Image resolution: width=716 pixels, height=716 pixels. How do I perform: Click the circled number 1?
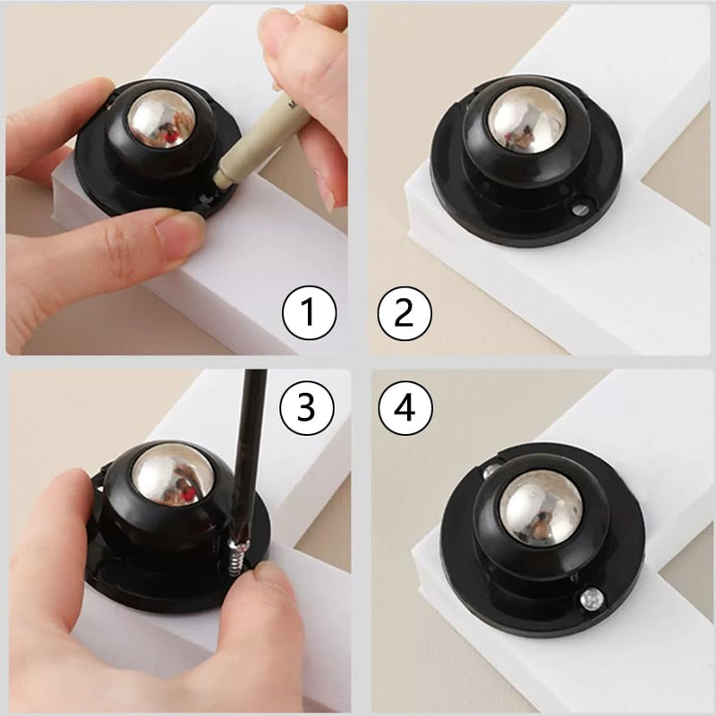click(309, 312)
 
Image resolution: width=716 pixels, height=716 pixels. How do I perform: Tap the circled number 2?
click(405, 314)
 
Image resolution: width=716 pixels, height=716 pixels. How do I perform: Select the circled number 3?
click(306, 408)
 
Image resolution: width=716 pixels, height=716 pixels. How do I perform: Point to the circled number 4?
click(405, 408)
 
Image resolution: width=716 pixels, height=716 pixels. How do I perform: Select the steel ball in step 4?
click(541, 507)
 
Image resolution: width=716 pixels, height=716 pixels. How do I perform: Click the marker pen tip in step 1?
click(222, 178)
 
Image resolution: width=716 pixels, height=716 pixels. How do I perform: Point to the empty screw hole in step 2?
click(579, 209)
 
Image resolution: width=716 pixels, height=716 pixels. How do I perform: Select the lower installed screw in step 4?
click(592, 599)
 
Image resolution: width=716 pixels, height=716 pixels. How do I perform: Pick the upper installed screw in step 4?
click(490, 472)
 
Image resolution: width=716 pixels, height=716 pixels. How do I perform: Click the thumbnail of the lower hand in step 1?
click(181, 237)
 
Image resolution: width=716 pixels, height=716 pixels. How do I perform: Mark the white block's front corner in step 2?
click(411, 185)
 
